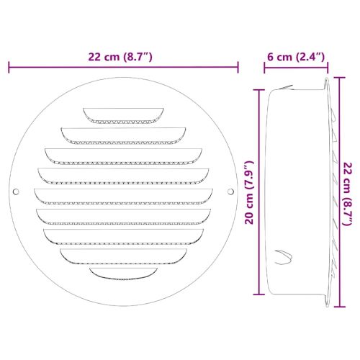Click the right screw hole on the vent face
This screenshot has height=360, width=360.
(230, 192)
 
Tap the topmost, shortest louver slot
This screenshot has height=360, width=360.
(123, 113)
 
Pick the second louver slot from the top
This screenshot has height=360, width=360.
(123, 132)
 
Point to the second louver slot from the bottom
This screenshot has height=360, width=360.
(123, 254)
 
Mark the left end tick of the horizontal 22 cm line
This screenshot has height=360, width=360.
(9, 67)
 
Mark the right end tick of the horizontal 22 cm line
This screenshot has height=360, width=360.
(238, 67)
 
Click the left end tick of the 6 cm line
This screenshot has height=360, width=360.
(264, 67)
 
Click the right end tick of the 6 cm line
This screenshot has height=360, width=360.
(328, 67)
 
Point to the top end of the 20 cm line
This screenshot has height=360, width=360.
(259, 89)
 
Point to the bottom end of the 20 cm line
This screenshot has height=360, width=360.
(259, 296)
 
